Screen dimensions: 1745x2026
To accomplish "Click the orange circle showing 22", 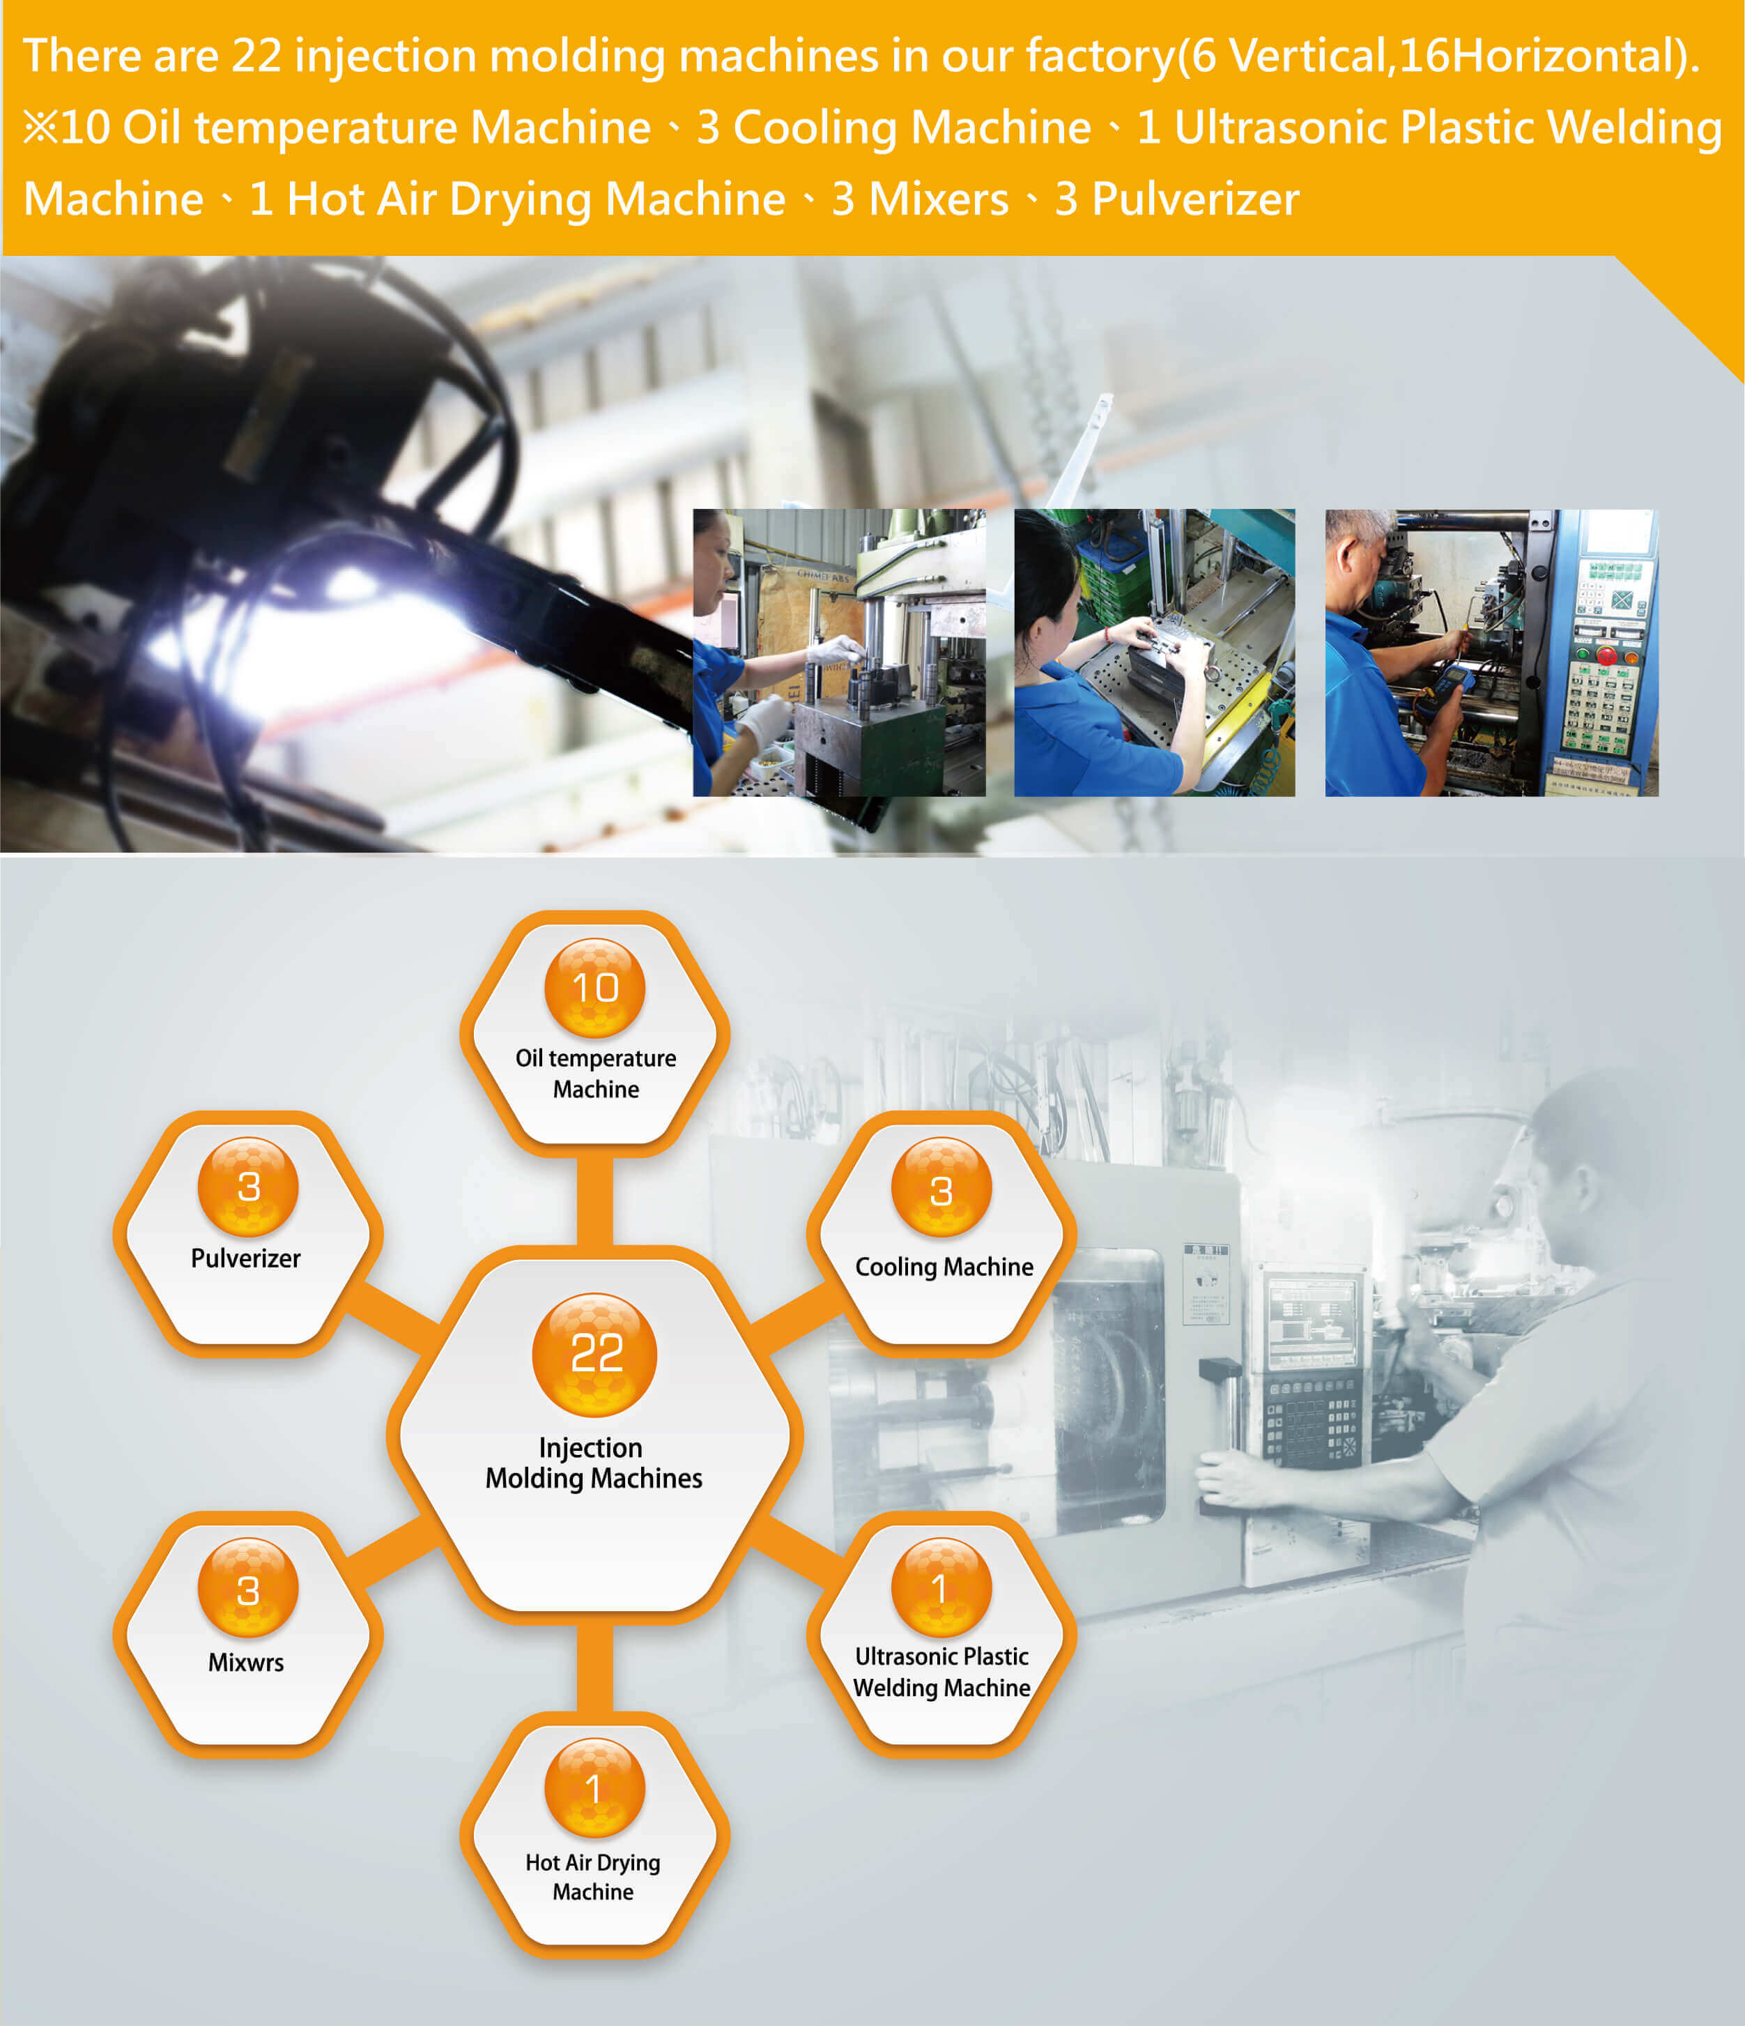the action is point(594,1354).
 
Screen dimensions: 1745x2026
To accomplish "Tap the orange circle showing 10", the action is point(594,988).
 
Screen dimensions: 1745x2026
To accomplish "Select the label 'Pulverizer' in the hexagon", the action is point(245,1258).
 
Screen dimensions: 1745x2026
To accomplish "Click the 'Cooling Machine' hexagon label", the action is point(944,1267).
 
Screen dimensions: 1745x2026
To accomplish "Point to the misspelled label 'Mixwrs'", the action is point(245,1662).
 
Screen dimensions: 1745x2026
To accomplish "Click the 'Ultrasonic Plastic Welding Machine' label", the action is point(941,1672).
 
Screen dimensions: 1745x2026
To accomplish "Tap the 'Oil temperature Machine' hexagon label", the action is point(595,1074).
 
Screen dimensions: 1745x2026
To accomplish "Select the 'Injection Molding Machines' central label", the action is point(594,1463).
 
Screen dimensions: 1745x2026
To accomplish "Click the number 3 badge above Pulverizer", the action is point(248,1187).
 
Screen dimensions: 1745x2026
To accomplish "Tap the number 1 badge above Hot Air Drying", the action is point(594,1788).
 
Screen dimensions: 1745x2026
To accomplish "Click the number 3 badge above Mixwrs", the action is point(248,1589).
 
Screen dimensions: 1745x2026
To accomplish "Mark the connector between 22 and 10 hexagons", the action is point(594,1201).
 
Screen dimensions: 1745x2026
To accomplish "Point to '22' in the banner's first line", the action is point(256,56).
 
